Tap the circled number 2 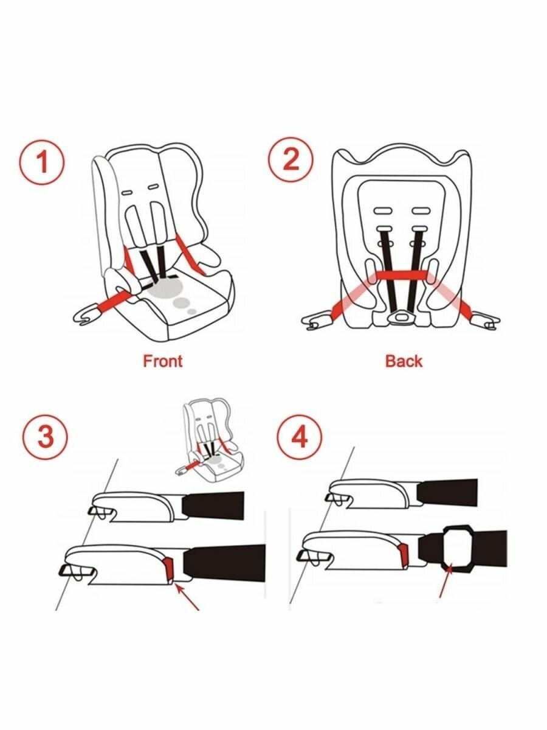(291, 160)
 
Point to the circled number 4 (299, 437)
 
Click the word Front (162, 361)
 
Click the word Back (404, 361)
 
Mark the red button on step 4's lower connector (404, 553)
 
